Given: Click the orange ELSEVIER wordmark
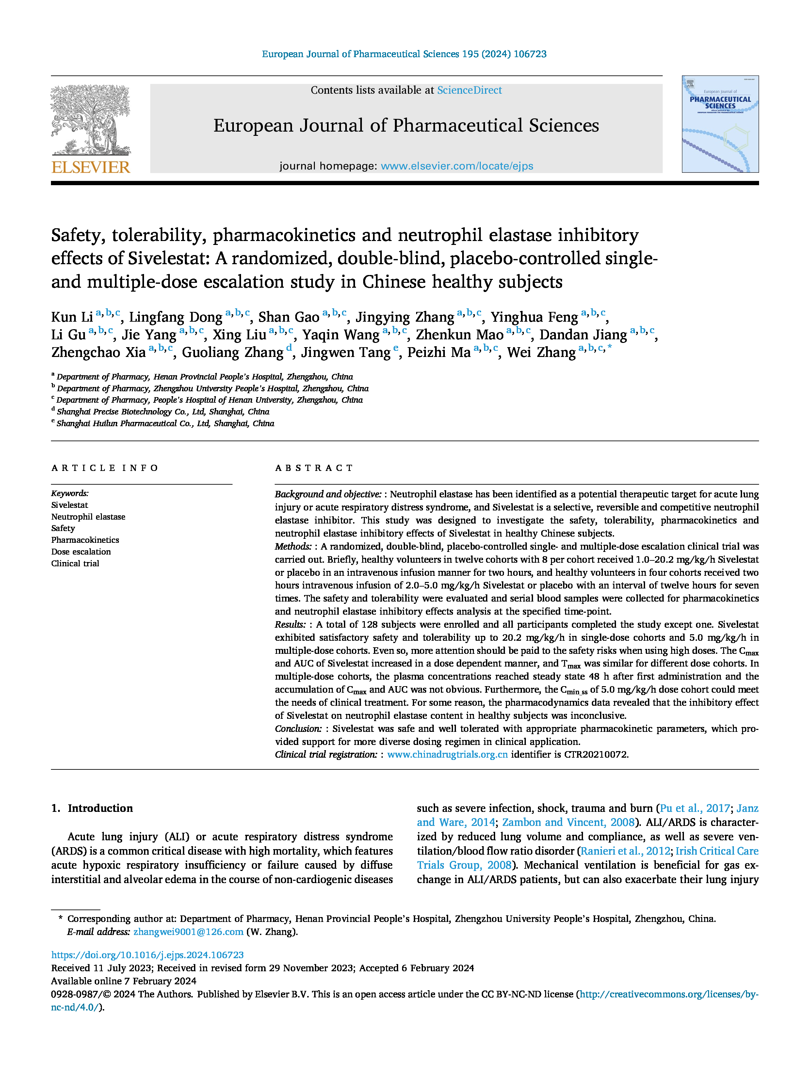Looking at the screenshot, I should coord(91,168).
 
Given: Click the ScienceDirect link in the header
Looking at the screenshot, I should coord(469,90).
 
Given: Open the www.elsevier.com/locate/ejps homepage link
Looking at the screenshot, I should coord(457,166).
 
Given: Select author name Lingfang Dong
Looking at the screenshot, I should coord(176,317).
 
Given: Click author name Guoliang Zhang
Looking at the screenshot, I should coord(233,352).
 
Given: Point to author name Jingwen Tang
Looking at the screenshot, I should coord(346,352).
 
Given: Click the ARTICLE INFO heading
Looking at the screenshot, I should coord(105,468).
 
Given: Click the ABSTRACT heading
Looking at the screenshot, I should coord(314,468).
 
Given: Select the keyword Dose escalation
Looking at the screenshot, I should coord(81,552).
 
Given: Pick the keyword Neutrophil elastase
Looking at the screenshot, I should coord(89,517).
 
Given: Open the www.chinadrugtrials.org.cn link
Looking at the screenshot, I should coord(447,754).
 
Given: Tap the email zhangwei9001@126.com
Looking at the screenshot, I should coord(188,932).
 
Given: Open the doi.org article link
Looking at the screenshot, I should coord(147,955).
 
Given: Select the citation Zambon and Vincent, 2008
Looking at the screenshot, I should coord(568,822).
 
